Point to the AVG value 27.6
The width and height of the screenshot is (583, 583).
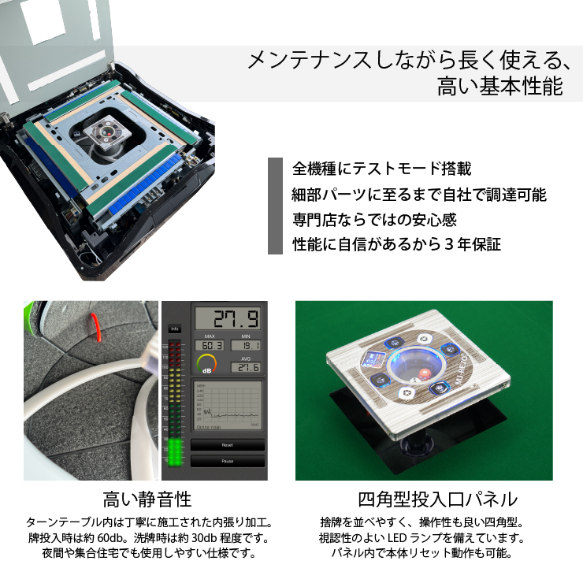247,367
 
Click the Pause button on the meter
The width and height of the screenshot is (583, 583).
228,461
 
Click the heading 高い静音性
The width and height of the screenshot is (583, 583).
147,499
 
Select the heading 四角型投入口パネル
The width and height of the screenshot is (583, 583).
437,499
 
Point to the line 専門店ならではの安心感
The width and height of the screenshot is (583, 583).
374,219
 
